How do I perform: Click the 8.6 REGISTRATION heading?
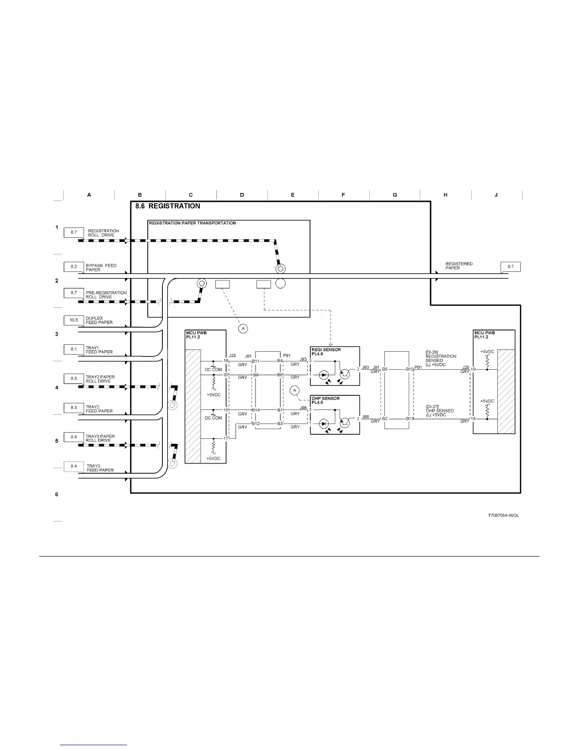pyautogui.click(x=168, y=206)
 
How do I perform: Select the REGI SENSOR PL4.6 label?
pyautogui.click(x=326, y=352)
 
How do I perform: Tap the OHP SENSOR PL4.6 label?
pyautogui.click(x=325, y=401)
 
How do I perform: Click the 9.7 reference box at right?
pyautogui.click(x=510, y=267)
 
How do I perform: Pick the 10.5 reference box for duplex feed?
pyautogui.click(x=74, y=320)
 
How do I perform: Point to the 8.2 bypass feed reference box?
pyautogui.click(x=74, y=267)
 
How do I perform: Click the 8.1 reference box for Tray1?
pyautogui.click(x=74, y=349)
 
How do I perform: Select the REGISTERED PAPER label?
pyautogui.click(x=459, y=266)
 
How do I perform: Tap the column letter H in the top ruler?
pyautogui.click(x=445, y=195)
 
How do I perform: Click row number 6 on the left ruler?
pyautogui.click(x=57, y=494)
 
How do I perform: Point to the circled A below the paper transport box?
pyautogui.click(x=243, y=328)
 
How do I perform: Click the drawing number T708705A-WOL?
pyautogui.click(x=503, y=515)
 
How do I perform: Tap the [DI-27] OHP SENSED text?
pyautogui.click(x=440, y=410)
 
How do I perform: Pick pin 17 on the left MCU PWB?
pyautogui.click(x=226, y=438)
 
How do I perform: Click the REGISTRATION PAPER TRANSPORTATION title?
pyautogui.click(x=192, y=223)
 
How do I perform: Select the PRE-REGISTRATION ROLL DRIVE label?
pyautogui.click(x=106, y=295)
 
